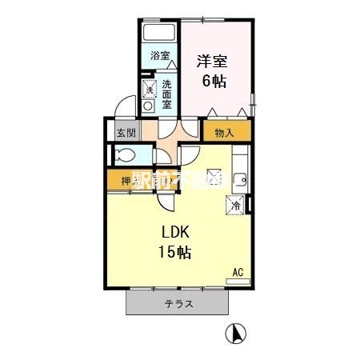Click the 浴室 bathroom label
tap(160, 56)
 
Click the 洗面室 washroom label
tap(166, 93)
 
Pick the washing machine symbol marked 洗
tap(148, 88)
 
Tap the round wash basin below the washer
tap(147, 106)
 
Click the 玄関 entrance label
tap(123, 133)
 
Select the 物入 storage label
tap(225, 133)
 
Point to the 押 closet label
tap(126, 182)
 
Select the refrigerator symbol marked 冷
tap(235, 205)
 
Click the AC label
tap(237, 272)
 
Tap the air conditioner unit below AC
tap(238, 281)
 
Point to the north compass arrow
tap(236, 333)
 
